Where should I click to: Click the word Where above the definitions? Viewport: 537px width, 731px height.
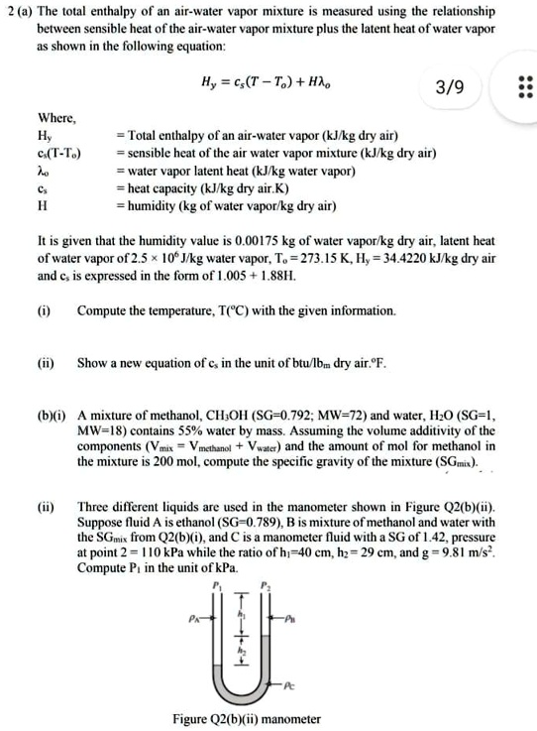pos(55,120)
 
